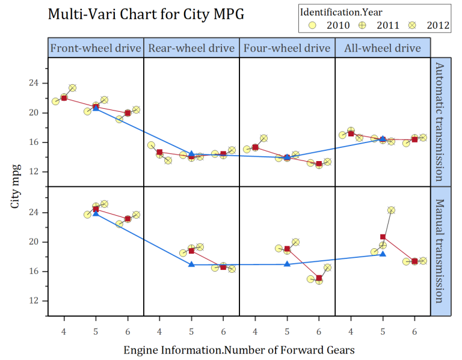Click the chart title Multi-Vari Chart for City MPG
pos(146,14)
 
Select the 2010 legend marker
pos(313,25)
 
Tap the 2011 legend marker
pos(364,25)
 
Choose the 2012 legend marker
pos(413,25)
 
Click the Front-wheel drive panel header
pos(96,48)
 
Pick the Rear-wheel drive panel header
pos(191,48)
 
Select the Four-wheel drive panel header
pos(287,48)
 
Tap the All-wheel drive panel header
pos(383,48)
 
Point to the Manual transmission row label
pos(439,251)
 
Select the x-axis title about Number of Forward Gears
pos(239,349)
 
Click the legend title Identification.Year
pos(340,11)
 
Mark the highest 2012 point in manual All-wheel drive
pos(391,210)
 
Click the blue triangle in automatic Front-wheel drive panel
pos(96,108)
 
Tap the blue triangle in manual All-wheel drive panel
pos(383,254)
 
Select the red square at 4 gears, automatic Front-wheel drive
pos(64,98)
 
